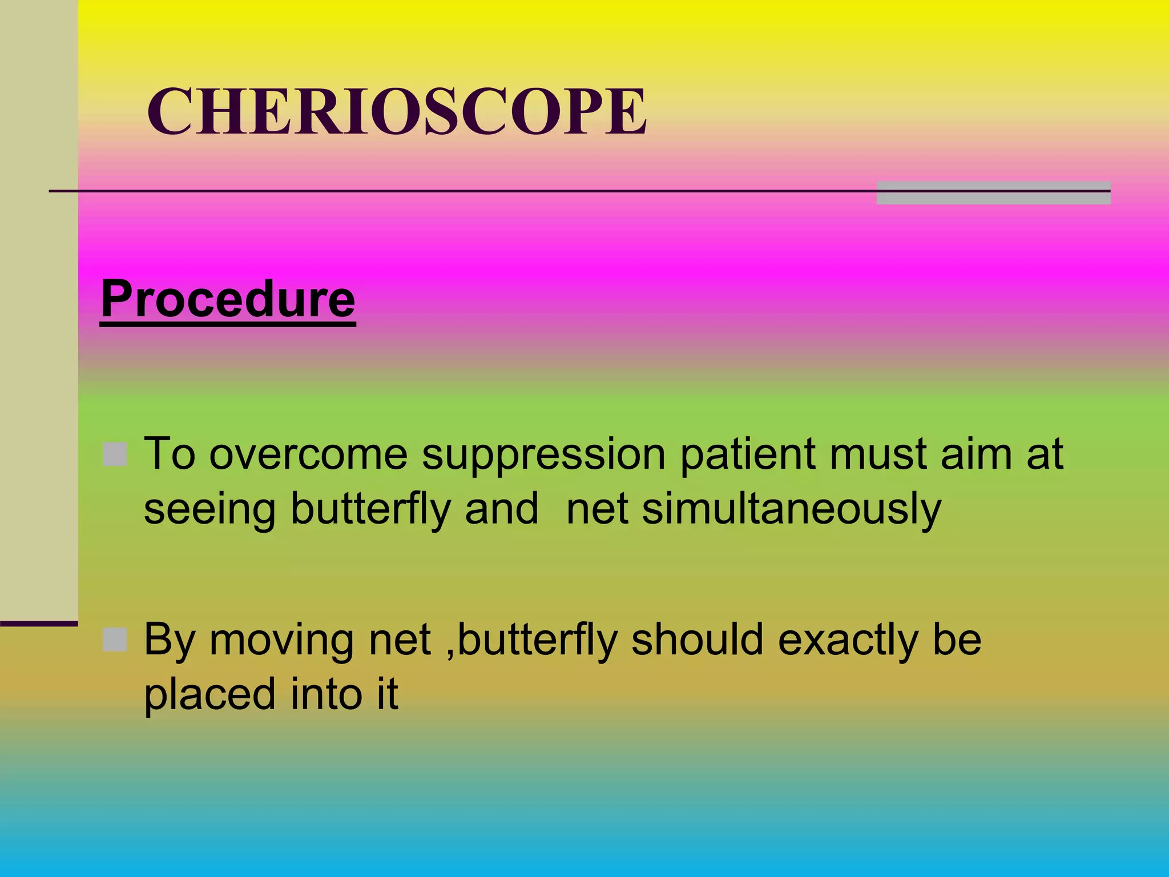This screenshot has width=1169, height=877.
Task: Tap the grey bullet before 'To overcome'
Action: pos(115,454)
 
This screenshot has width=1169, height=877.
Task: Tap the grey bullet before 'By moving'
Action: pos(115,639)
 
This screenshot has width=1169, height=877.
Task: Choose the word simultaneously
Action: pos(791,508)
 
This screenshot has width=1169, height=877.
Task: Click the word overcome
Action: pos(308,454)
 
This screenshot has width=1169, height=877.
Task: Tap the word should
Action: pos(697,639)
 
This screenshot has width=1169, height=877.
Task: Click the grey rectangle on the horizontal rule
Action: pos(993,192)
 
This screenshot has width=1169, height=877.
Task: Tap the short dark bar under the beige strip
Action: pos(39,623)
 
